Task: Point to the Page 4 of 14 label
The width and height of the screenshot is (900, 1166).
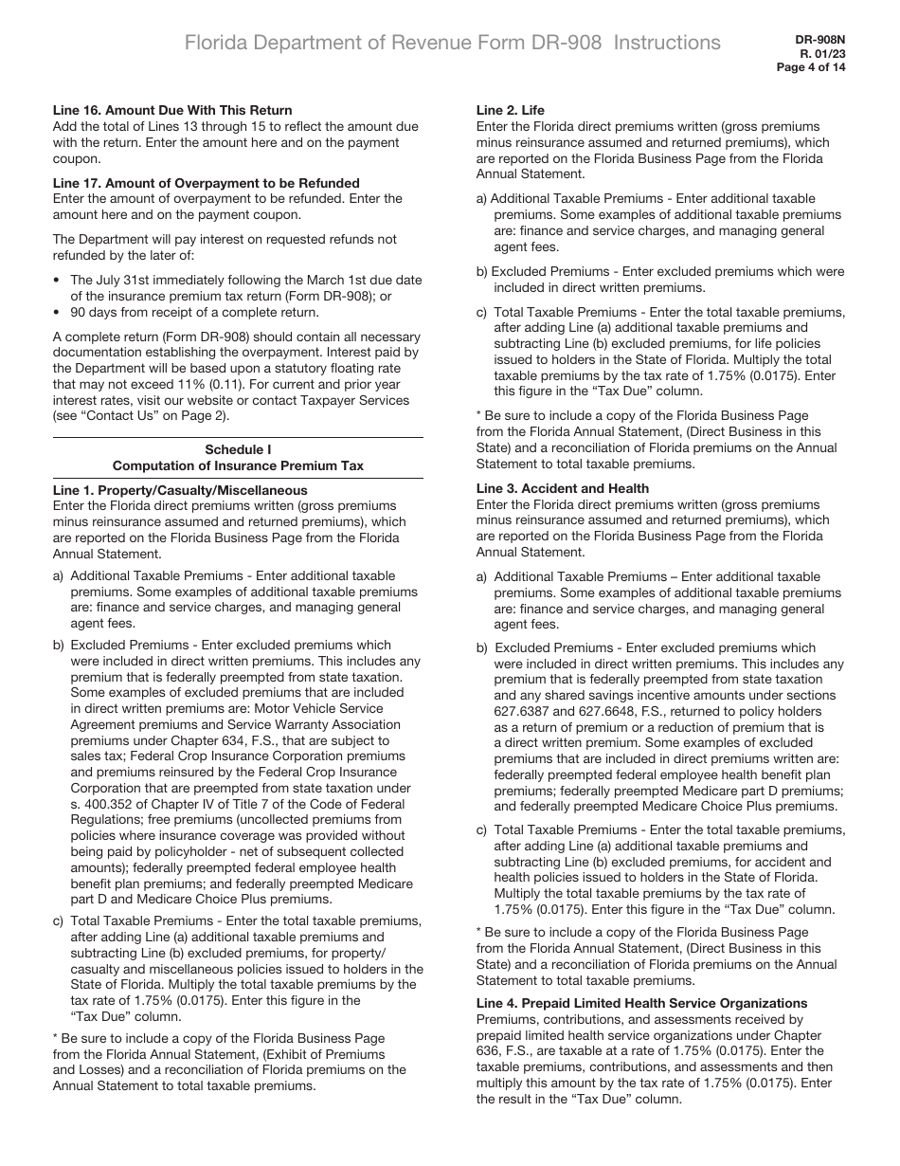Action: pos(811,66)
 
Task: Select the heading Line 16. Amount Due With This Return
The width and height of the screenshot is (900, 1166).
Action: pos(172,110)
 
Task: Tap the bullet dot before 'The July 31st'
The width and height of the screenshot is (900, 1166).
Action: pos(58,281)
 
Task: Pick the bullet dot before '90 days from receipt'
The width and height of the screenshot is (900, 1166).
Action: pos(58,312)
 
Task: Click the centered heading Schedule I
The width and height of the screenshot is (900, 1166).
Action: pos(238,449)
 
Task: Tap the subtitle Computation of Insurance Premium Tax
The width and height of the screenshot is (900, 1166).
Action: pos(238,465)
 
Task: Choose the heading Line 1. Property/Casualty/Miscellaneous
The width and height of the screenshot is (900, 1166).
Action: pos(180,490)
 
